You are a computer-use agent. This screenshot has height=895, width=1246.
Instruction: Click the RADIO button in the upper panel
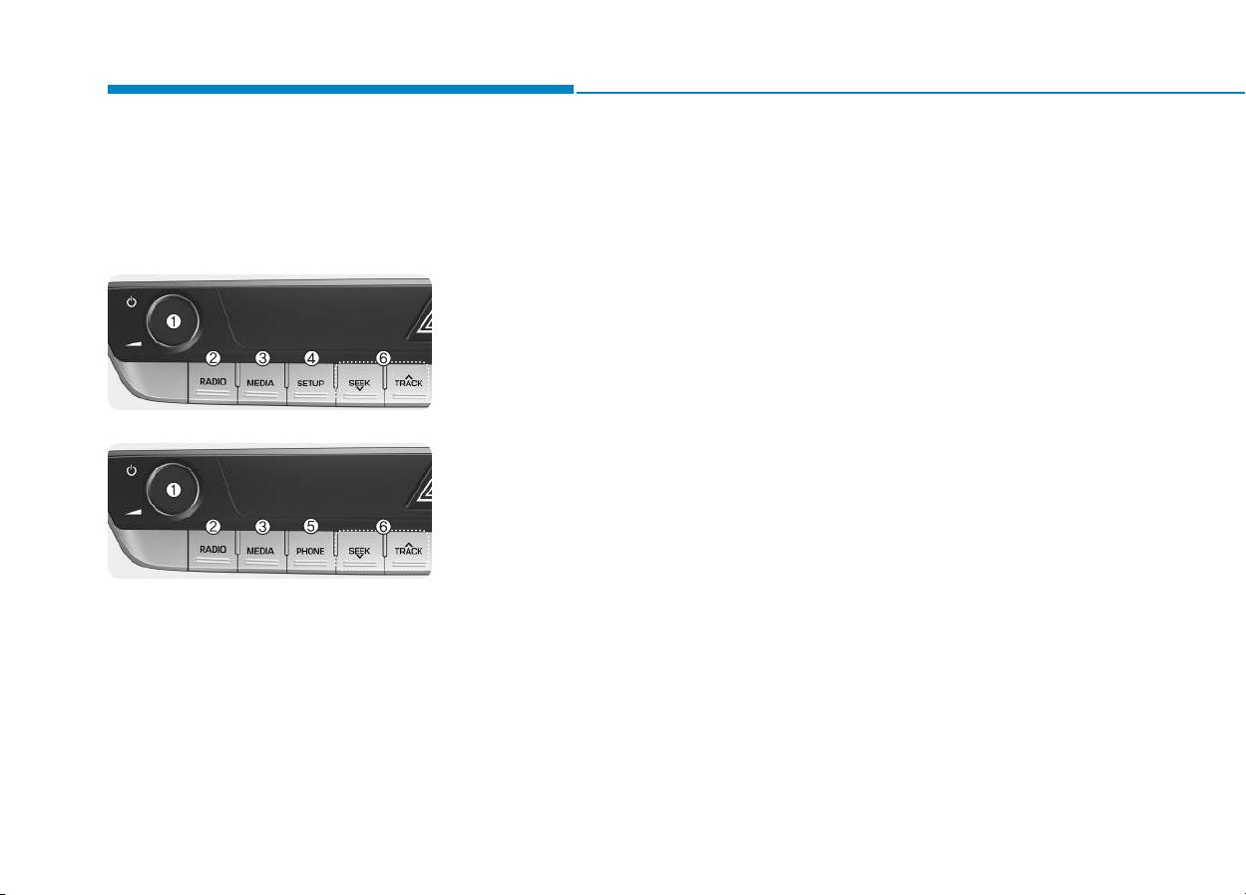tap(213, 383)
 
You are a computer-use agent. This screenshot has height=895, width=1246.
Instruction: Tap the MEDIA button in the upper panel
tap(261, 383)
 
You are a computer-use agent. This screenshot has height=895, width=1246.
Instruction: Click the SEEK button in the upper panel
tap(359, 384)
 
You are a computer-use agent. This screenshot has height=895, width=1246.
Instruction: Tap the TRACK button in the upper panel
tap(408, 384)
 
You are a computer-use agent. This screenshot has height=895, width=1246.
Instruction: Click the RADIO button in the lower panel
tap(213, 551)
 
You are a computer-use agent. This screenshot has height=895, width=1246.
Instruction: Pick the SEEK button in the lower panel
tap(359, 552)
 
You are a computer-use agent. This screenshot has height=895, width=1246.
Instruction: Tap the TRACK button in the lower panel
tap(408, 552)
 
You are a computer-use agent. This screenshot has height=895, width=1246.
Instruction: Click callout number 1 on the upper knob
tap(174, 321)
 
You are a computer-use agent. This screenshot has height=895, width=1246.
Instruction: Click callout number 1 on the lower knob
tap(174, 490)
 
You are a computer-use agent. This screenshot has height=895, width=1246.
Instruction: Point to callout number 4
tap(311, 358)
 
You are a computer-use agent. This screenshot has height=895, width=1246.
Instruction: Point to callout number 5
tap(310, 526)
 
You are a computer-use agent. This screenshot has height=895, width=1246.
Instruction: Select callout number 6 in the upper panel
tap(383, 358)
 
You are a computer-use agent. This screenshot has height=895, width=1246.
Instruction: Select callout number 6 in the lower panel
tap(383, 526)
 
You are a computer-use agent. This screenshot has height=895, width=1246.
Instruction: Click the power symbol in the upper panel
tap(132, 302)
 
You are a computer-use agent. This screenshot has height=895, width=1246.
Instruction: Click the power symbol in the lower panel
tap(132, 471)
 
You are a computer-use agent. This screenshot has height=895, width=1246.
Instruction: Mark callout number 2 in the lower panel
tap(213, 526)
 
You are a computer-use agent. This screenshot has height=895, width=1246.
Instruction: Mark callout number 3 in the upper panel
tap(262, 358)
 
